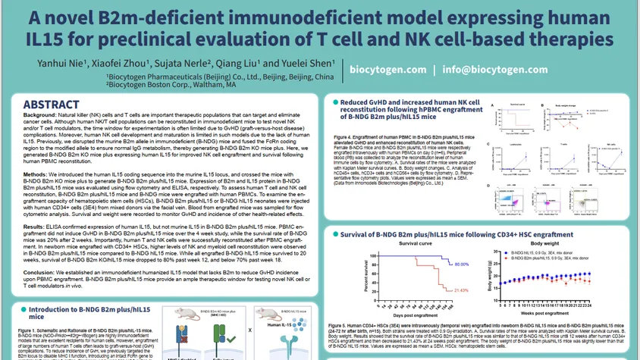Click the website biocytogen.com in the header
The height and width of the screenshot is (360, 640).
389,69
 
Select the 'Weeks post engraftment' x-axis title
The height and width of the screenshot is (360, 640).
563,312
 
